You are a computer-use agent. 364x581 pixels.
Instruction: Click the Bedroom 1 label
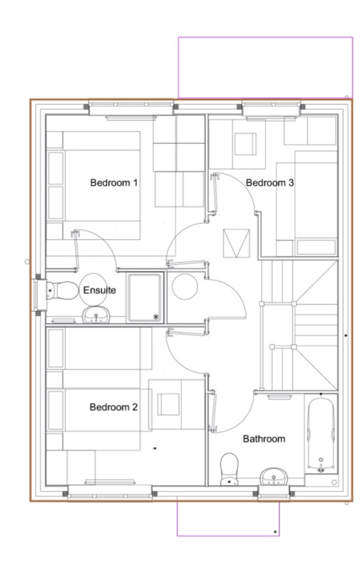pos(114,183)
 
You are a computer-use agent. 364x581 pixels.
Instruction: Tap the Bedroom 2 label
pos(113,407)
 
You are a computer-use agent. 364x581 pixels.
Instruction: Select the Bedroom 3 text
pos(270,183)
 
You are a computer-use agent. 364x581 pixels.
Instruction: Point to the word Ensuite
pos(99,290)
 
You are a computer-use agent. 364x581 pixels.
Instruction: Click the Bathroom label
pos(264,439)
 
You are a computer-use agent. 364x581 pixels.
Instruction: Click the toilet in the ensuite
pos(62,290)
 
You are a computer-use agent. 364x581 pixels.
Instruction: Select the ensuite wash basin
pos(96,315)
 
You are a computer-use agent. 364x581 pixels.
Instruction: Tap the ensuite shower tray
pos(145,298)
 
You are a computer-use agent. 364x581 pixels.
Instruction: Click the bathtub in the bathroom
pos(321,434)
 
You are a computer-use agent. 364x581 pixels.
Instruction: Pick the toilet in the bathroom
pos(229,469)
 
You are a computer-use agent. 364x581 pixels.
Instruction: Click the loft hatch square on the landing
pos(236,243)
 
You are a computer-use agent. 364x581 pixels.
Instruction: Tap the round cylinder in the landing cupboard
pos(185,286)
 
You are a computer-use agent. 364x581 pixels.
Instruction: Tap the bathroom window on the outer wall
pos(274,493)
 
